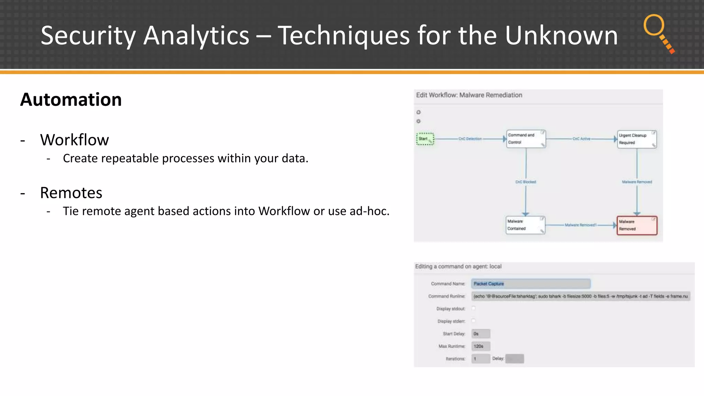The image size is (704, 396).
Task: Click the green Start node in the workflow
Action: pyautogui.click(x=425, y=139)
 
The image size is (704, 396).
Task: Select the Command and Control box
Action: pyautogui.click(x=526, y=139)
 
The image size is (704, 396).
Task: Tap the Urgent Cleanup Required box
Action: pyautogui.click(x=637, y=139)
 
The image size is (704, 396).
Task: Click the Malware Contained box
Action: pyautogui.click(x=525, y=225)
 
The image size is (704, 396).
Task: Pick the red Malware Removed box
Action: pyautogui.click(x=637, y=225)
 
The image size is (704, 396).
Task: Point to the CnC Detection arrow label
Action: pyautogui.click(x=470, y=139)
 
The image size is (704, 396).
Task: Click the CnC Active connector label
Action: pyautogui.click(x=581, y=139)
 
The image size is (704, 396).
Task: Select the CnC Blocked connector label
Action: pyautogui.click(x=526, y=182)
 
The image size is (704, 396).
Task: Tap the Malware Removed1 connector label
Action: pyautogui.click(x=581, y=225)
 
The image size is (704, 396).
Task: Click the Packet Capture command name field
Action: pyautogui.click(x=531, y=284)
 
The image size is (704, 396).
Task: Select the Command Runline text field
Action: pyautogui.click(x=581, y=296)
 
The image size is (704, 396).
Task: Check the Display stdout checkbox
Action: pyautogui.click(x=473, y=308)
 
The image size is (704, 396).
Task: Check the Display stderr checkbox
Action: pyautogui.click(x=473, y=321)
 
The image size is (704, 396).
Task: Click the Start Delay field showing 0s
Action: pyautogui.click(x=481, y=334)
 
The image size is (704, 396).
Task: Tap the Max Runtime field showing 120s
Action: pyautogui.click(x=481, y=346)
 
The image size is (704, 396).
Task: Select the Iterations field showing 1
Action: pyautogui.click(x=481, y=359)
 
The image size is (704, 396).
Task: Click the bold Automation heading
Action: pyautogui.click(x=71, y=100)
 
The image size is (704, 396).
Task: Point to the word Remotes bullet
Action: pyautogui.click(x=71, y=193)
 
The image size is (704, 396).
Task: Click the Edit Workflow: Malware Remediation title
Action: pyautogui.click(x=469, y=95)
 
